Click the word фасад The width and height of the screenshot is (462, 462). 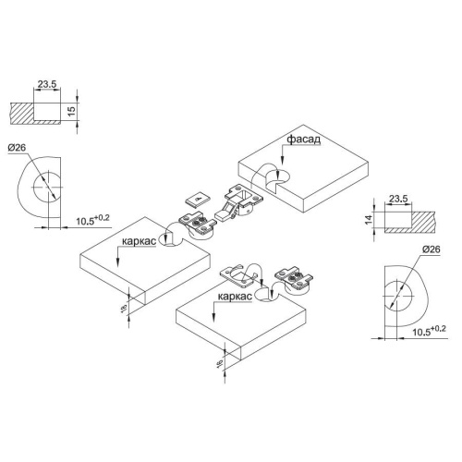click(304, 140)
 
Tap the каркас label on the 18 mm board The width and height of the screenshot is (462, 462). click(139, 241)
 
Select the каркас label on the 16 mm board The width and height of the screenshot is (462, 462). click(235, 297)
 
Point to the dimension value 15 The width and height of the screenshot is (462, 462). click(71, 111)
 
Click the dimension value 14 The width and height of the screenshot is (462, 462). click(369, 220)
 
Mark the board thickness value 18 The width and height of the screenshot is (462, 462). click(124, 308)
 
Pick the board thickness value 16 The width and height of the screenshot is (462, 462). click(219, 363)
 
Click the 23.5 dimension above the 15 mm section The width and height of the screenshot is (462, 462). click(47, 84)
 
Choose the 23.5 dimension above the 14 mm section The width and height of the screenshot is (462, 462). click(398, 199)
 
